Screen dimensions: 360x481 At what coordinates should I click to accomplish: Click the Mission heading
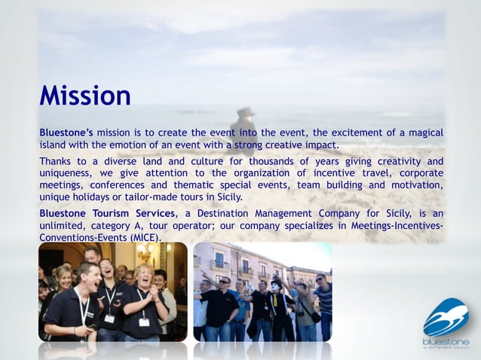(x=85, y=96)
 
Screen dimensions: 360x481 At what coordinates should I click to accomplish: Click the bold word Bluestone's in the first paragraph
(x=66, y=133)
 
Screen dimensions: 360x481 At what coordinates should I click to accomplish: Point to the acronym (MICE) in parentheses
(x=146, y=237)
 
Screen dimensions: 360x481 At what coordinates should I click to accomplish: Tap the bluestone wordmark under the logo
(x=446, y=341)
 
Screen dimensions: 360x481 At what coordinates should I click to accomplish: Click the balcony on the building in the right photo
(x=247, y=272)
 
